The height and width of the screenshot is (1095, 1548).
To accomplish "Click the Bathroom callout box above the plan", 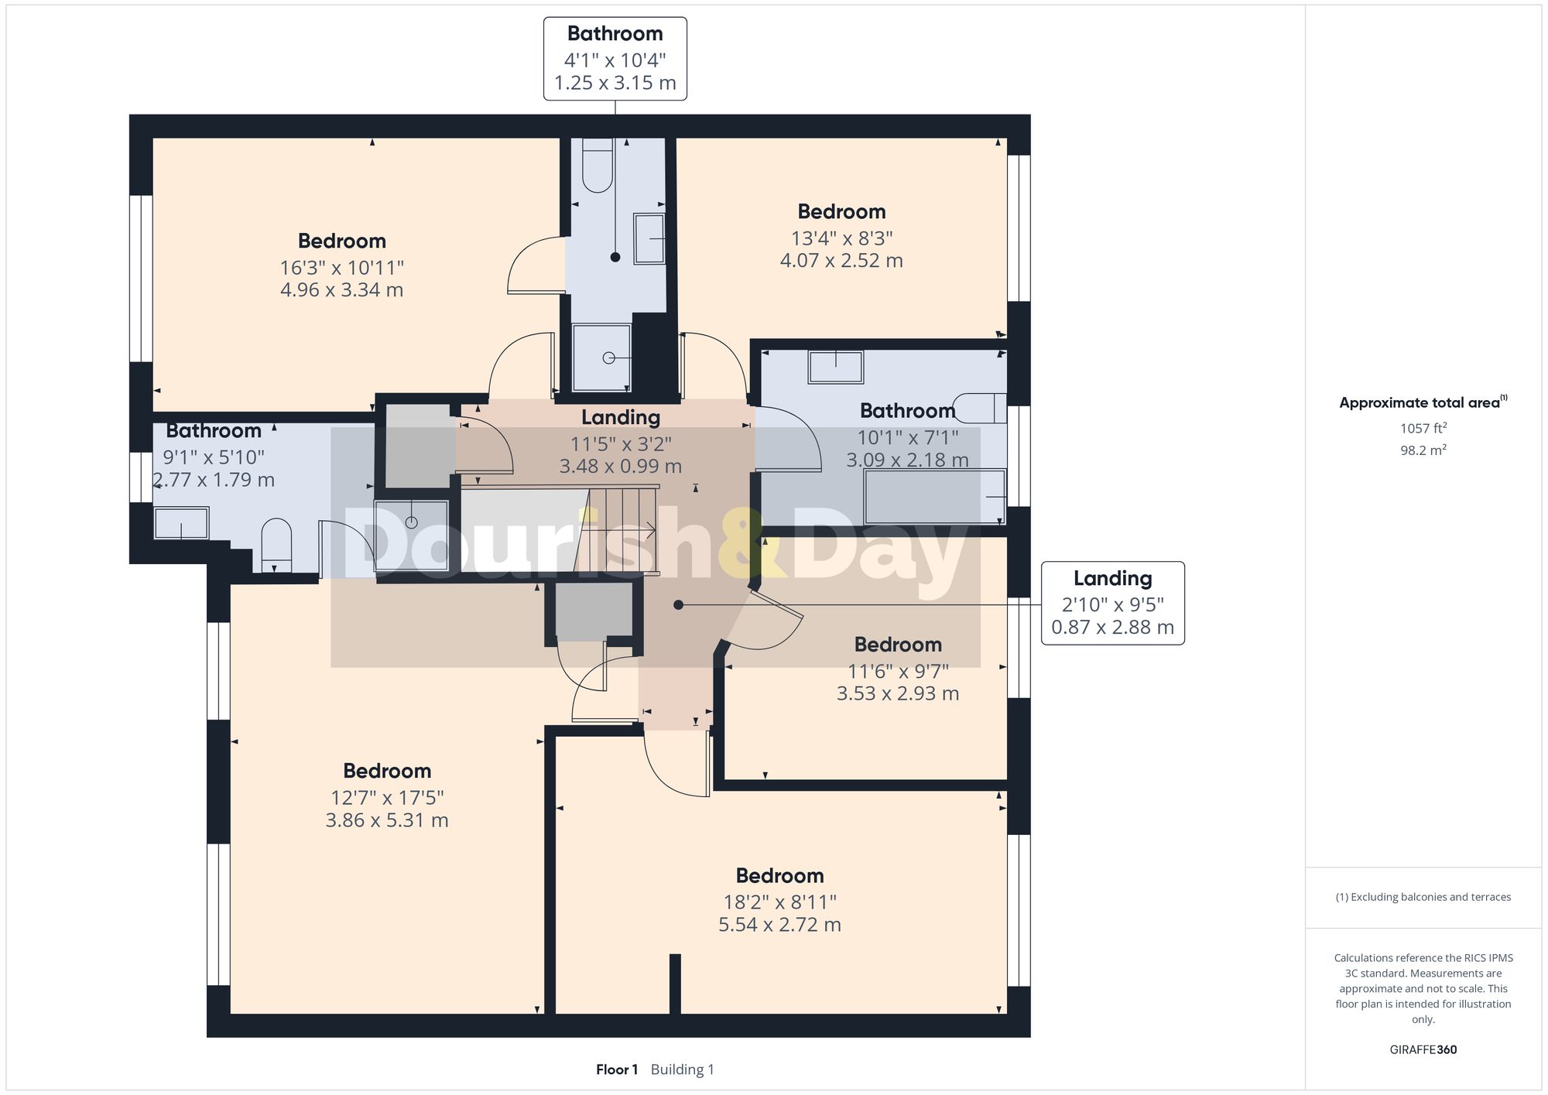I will [x=615, y=59].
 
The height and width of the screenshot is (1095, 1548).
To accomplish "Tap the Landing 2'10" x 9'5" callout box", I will [x=1112, y=603].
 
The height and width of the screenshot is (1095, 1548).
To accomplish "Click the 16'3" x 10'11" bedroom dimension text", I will [x=341, y=268].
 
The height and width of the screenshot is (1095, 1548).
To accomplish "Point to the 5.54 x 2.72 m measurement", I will [x=779, y=925].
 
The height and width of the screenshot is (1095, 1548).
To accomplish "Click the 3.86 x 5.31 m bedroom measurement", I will [x=387, y=820].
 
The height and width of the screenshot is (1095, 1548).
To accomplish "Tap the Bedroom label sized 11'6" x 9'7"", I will [x=898, y=645].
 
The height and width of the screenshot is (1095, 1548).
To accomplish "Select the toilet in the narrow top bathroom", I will [x=597, y=166].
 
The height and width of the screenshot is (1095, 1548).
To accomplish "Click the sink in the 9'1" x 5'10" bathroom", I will [x=182, y=523].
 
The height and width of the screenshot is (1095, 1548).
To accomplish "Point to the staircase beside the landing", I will [x=619, y=530].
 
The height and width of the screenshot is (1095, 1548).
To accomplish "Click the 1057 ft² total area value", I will [x=1423, y=428].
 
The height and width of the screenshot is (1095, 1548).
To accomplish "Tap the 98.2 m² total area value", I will [x=1423, y=450].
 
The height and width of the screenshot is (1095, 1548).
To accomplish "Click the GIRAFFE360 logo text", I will [x=1423, y=1050].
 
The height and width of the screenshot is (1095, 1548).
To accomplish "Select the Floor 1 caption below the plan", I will [x=617, y=1069].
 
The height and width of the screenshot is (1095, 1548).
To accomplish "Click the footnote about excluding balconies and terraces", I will [x=1423, y=897].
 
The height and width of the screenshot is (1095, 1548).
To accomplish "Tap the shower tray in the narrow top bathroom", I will [x=602, y=358].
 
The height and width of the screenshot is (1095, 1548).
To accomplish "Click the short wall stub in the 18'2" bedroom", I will [x=675, y=983].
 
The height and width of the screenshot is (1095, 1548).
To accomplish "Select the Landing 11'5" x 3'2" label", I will [x=621, y=418].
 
